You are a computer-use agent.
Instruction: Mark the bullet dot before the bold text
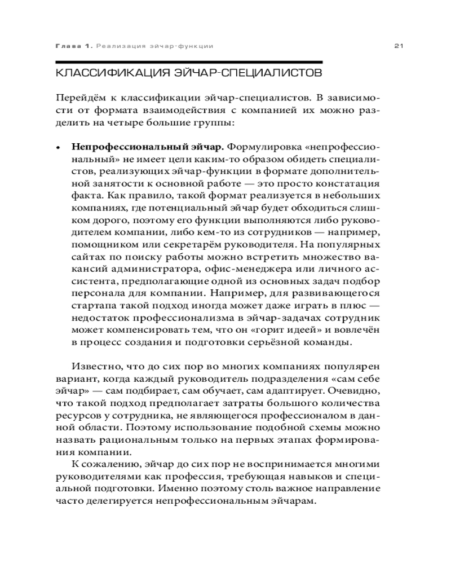tap(58, 148)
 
